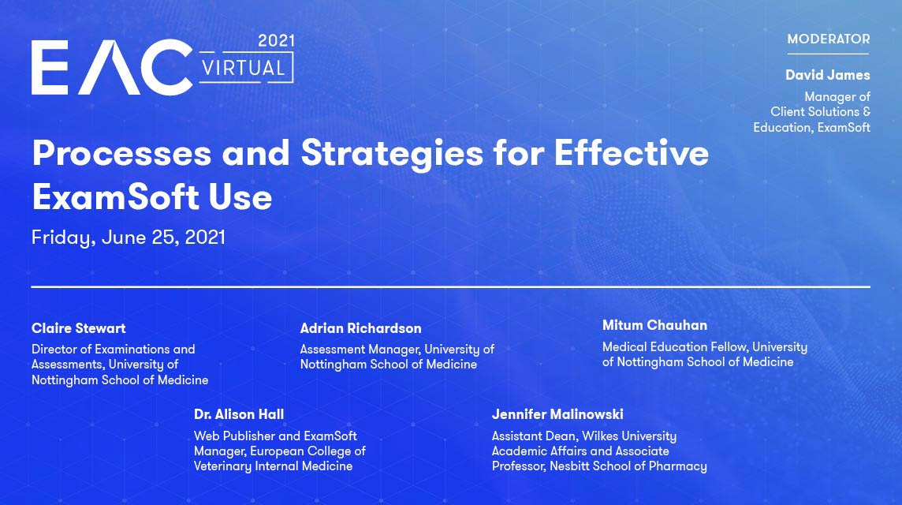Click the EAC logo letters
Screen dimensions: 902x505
pyautogui.click(x=112, y=67)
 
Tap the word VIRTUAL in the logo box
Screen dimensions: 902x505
pyautogui.click(x=244, y=69)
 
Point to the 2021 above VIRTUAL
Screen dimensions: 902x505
pyautogui.click(x=276, y=41)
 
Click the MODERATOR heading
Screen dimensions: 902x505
pyautogui.click(x=829, y=39)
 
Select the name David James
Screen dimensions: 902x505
pyautogui.click(x=828, y=75)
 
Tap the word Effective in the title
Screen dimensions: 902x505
pyautogui.click(x=632, y=152)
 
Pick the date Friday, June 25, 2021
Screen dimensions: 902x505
pyautogui.click(x=129, y=238)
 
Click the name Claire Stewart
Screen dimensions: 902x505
pyautogui.click(x=78, y=328)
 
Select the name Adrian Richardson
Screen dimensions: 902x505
pyautogui.click(x=360, y=328)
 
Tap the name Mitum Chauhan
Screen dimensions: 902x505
pyautogui.click(x=654, y=325)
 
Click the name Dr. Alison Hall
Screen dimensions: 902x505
pyautogui.click(x=239, y=414)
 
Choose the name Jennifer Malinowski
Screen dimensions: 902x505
pyautogui.click(x=557, y=414)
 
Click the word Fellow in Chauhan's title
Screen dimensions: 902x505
pyautogui.click(x=728, y=346)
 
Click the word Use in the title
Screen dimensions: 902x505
pyautogui.click(x=240, y=197)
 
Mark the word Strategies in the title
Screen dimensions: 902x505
pyautogui.click(x=393, y=154)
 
